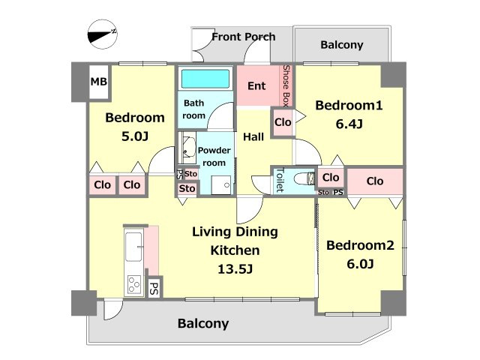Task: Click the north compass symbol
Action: (x=103, y=34)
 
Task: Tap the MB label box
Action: (x=99, y=82)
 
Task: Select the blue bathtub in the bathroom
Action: (x=205, y=79)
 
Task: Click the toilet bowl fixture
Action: (x=304, y=178)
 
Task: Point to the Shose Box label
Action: (x=286, y=85)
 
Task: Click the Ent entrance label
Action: (x=256, y=86)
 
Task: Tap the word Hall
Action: (x=253, y=136)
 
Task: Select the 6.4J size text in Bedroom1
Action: (x=349, y=124)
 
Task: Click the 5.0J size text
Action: (x=135, y=136)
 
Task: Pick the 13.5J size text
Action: (x=235, y=269)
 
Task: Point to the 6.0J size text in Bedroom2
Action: (x=360, y=264)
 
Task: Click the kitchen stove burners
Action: (x=134, y=284)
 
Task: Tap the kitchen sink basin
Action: (x=133, y=247)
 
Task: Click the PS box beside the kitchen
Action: (x=154, y=288)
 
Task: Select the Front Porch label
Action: (x=244, y=37)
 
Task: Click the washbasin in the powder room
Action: (x=188, y=147)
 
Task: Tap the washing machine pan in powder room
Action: (x=221, y=185)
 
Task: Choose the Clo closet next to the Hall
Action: (x=283, y=122)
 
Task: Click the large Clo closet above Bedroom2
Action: (x=375, y=181)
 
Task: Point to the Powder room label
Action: (x=214, y=157)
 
